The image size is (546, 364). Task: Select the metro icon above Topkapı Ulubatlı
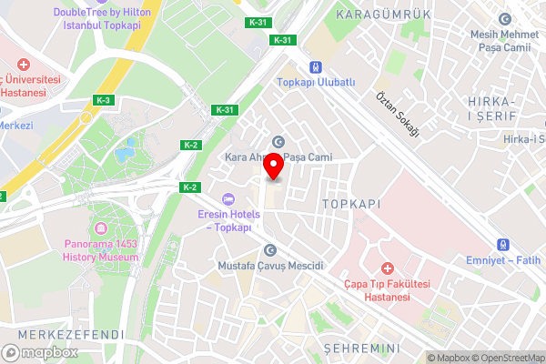316,67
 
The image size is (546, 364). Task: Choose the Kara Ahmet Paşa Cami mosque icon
278,140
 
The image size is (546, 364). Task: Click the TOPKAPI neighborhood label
350,205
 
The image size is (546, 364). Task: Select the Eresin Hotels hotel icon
228,199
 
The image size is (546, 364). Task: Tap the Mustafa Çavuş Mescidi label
270,265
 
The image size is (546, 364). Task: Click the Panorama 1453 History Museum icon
101,226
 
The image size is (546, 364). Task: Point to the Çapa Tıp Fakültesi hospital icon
387,268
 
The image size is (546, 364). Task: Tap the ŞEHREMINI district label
362,349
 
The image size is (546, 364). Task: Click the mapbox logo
40,351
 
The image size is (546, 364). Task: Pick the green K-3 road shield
103,100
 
